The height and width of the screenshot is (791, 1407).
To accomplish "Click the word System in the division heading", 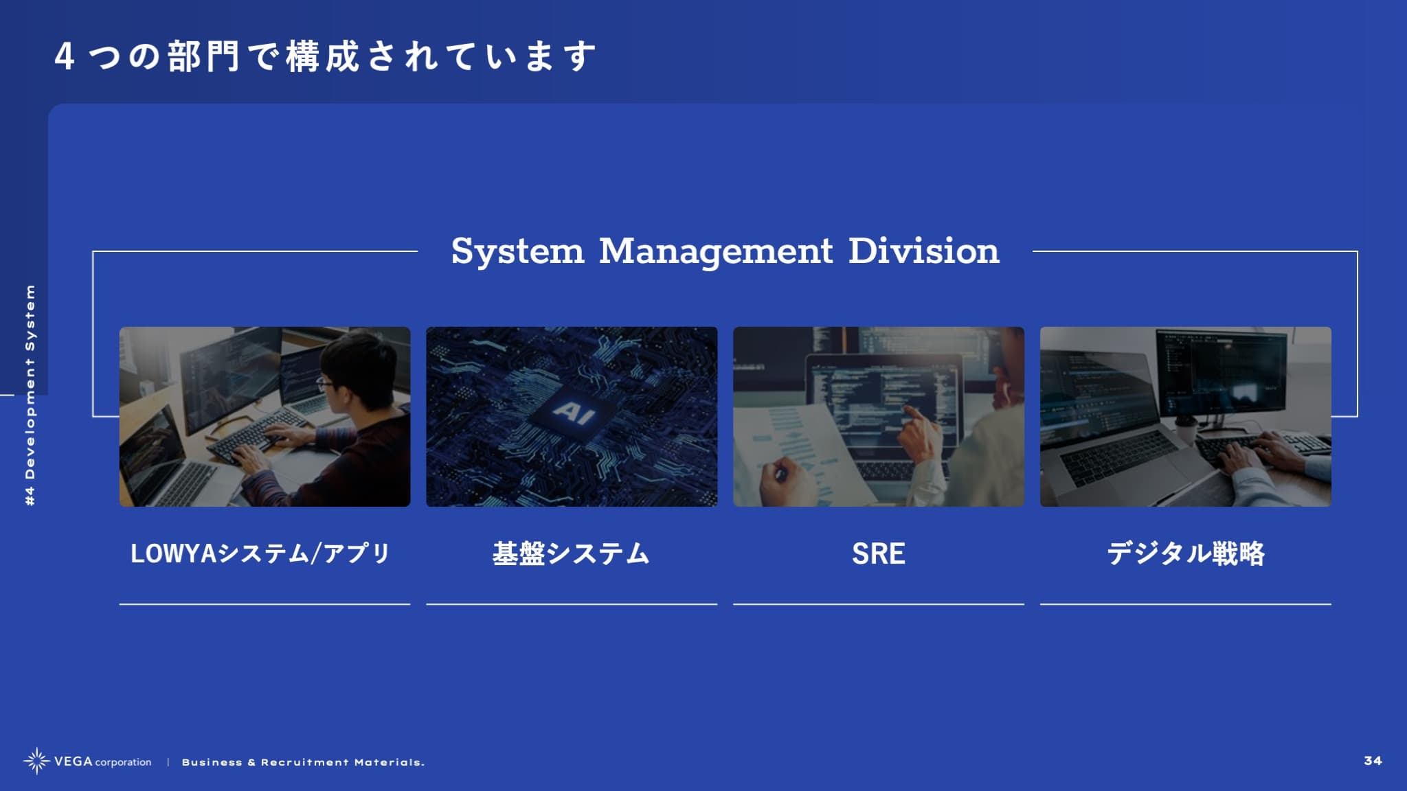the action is [x=517, y=251].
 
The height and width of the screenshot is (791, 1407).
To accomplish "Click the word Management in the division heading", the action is [x=716, y=251].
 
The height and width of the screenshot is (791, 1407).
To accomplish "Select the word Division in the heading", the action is [x=924, y=251].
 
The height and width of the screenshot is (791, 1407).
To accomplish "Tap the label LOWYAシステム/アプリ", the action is [x=260, y=553].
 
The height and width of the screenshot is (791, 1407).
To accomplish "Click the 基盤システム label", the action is [x=571, y=553].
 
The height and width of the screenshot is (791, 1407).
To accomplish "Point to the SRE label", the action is [x=879, y=553].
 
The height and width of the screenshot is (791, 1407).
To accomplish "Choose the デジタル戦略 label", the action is [x=1186, y=553].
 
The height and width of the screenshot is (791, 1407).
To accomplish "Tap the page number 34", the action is [x=1373, y=761].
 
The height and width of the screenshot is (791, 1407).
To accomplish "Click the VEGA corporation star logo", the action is [x=36, y=761].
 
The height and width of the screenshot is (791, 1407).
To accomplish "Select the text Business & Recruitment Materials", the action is [x=303, y=762].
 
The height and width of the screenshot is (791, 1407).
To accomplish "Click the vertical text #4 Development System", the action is [x=30, y=395].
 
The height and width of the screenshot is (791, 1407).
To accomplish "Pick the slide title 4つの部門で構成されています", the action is [x=325, y=56].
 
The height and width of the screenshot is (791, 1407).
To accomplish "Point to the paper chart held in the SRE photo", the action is [x=790, y=453].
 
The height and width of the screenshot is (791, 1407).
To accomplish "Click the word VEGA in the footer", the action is [x=73, y=761].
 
